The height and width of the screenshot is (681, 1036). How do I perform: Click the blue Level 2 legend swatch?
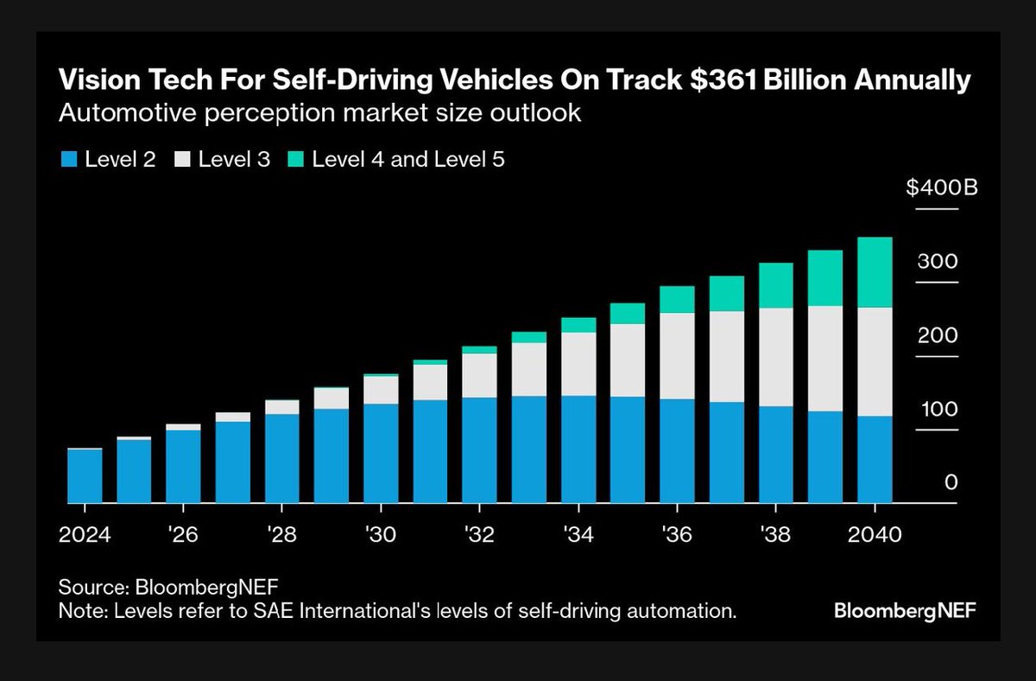68,160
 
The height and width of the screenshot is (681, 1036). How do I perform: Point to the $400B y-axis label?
941,188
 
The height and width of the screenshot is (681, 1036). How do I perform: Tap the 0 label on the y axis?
951,482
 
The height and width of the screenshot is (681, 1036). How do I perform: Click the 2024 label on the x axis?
85,534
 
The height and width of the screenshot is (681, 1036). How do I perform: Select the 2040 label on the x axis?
875,534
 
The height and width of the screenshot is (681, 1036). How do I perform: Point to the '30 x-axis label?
381,534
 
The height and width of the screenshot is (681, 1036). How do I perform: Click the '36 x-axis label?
677,534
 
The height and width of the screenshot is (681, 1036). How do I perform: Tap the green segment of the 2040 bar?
875,271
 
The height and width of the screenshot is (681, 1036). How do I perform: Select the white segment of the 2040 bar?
875,361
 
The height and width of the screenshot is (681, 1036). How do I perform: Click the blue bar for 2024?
85,475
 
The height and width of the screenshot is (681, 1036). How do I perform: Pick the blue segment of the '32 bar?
479,449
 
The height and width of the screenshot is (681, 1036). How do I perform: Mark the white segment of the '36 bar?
677,355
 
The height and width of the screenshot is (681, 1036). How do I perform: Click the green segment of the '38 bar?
775,285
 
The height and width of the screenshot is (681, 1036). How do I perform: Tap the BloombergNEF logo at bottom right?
906,611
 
